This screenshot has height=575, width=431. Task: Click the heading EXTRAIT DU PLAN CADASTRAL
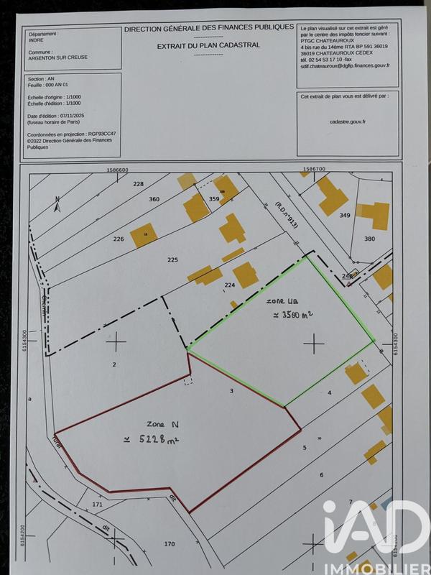[x=208, y=45]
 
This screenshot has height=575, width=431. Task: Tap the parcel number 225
[x=172, y=259]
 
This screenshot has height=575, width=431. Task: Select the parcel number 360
[x=154, y=199]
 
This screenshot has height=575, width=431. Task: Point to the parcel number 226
[x=119, y=239]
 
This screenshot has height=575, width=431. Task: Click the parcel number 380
[x=369, y=239]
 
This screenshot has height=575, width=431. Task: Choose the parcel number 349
[x=344, y=215]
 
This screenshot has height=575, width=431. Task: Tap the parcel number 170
[x=169, y=543]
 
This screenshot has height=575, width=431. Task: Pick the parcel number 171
[x=98, y=505]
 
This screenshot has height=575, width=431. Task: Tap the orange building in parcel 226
[x=143, y=235]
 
